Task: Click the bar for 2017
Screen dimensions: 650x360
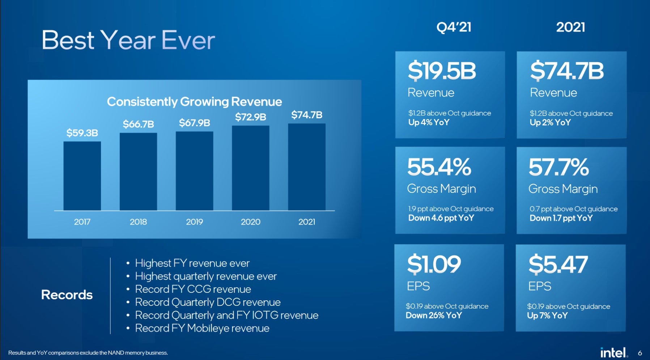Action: point(82,176)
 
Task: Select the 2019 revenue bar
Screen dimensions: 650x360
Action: point(194,171)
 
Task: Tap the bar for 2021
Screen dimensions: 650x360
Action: point(307,167)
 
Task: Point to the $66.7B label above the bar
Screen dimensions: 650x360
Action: point(138,124)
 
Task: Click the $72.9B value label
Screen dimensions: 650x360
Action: point(250,117)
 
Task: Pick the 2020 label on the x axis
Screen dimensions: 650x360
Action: point(250,222)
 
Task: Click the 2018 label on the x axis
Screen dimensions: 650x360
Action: point(138,222)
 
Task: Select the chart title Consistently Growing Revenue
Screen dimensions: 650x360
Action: point(194,102)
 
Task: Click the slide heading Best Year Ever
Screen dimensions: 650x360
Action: point(128,40)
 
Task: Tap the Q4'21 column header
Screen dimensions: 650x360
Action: point(454,27)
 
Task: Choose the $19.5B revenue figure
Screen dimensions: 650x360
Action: point(442,71)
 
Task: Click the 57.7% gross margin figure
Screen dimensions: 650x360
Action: point(559,167)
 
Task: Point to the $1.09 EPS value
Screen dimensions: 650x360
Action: point(434,264)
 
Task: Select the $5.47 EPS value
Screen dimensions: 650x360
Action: point(558,264)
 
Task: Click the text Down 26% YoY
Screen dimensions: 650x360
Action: point(434,315)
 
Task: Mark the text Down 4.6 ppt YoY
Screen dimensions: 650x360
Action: point(441,218)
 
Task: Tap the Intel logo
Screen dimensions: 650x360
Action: point(613,352)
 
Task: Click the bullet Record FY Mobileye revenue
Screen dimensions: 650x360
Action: point(202,328)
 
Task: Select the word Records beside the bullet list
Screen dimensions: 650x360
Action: point(67,295)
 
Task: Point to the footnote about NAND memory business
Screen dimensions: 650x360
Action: point(88,353)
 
